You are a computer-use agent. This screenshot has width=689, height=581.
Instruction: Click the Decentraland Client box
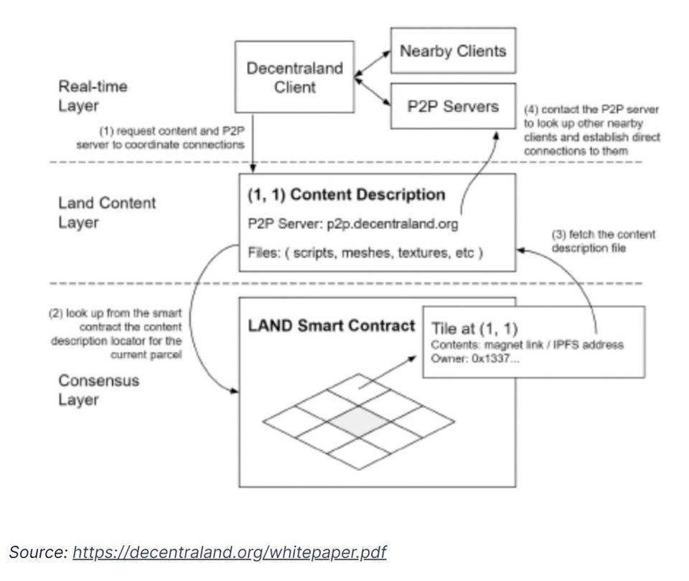pos(294,78)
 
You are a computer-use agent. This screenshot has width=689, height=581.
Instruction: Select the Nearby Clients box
pos(453,51)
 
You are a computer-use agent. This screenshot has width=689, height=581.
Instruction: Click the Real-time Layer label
pos(93,96)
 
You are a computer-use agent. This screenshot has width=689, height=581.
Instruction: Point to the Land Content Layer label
pos(106,213)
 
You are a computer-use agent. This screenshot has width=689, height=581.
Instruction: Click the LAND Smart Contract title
pos(332,325)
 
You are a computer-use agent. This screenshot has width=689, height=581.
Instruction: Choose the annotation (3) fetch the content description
pos(603,241)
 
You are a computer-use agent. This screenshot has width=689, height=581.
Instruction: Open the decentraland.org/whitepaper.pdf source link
pos(229,552)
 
